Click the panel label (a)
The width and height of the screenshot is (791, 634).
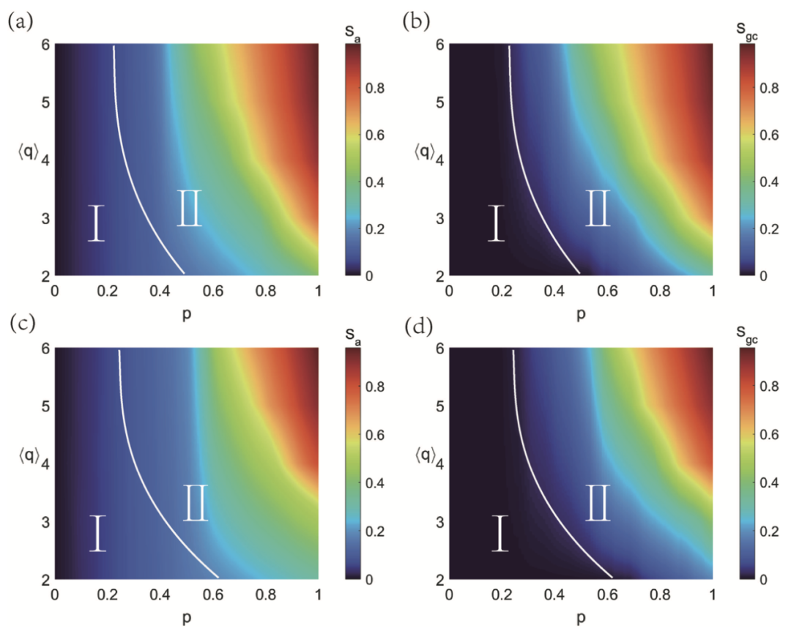pos(19,21)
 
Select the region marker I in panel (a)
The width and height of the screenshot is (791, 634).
pos(97,223)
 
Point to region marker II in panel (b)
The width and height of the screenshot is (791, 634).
pos(598,207)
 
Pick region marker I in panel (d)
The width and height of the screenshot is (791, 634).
pos(500,532)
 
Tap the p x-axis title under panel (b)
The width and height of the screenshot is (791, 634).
pos(581,315)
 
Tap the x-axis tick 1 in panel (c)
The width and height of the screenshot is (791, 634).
pos(318,594)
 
